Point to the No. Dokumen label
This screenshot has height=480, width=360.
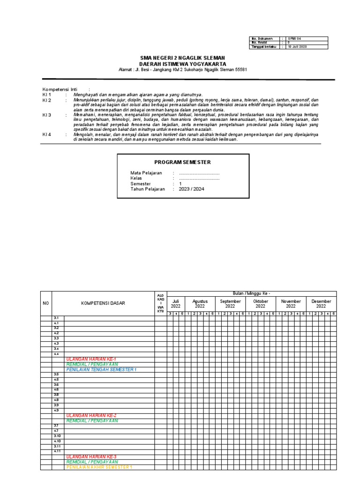click(262, 38)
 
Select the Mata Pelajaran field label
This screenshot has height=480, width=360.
click(146, 173)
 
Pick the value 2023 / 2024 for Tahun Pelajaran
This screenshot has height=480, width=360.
click(191, 189)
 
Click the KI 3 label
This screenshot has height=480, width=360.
click(46, 115)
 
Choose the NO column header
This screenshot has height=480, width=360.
click(45, 303)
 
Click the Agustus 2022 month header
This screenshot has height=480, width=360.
click(200, 304)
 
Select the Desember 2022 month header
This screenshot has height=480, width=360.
click(321, 304)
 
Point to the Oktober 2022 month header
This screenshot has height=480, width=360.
click(261, 304)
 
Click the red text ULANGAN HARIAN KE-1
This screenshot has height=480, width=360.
click(91, 359)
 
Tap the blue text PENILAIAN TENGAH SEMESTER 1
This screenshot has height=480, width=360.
click(101, 369)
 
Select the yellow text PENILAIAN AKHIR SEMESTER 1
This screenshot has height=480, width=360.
click(99, 467)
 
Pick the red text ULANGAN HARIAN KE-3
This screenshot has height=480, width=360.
click(91, 457)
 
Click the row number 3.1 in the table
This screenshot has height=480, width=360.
click(56, 318)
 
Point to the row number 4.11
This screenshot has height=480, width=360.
click(57, 451)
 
